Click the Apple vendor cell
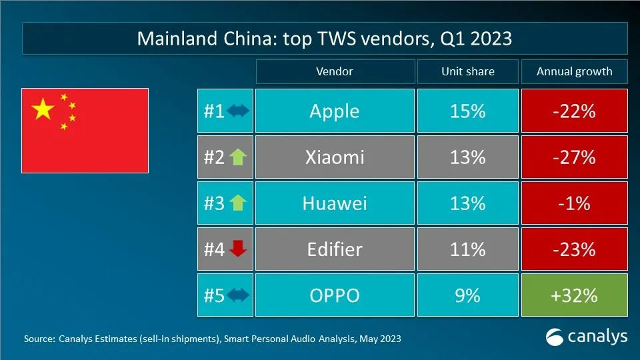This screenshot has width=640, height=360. [x=334, y=111]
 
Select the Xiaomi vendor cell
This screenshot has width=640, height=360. [x=334, y=157]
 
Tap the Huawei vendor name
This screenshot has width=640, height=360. [x=334, y=203]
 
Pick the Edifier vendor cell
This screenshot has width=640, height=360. [x=334, y=249]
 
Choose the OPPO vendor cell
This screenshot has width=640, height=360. [x=334, y=295]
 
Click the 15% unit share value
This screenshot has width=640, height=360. [x=467, y=111]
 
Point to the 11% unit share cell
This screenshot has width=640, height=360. [x=467, y=249]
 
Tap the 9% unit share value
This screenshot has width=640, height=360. [x=467, y=295]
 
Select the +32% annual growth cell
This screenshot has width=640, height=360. [x=575, y=295]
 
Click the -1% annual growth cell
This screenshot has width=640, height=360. [x=575, y=203]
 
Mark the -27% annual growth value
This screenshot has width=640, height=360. [x=575, y=157]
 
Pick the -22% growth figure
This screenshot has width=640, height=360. [x=575, y=111]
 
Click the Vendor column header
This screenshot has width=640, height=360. [x=334, y=71]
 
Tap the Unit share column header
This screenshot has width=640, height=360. [x=467, y=71]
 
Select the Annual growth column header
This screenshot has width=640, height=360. [x=575, y=71]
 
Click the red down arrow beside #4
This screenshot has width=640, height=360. [x=237, y=249]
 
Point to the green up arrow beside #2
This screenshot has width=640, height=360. [x=237, y=157]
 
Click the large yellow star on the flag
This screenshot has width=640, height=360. [x=43, y=109]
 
